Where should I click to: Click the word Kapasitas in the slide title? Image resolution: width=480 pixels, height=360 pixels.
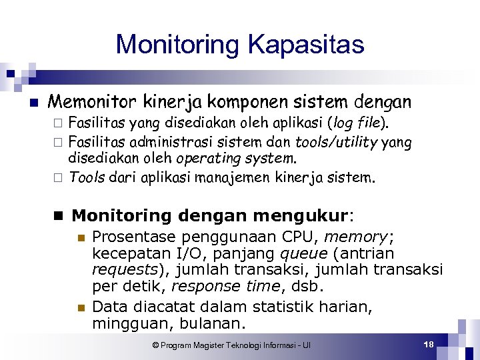(x=306, y=45)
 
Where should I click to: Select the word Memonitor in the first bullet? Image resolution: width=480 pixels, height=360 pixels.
(x=92, y=102)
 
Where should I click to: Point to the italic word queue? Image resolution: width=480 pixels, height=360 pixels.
(x=303, y=254)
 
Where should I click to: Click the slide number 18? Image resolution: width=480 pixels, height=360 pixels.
(x=429, y=344)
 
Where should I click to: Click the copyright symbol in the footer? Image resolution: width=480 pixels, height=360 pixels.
(x=155, y=345)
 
